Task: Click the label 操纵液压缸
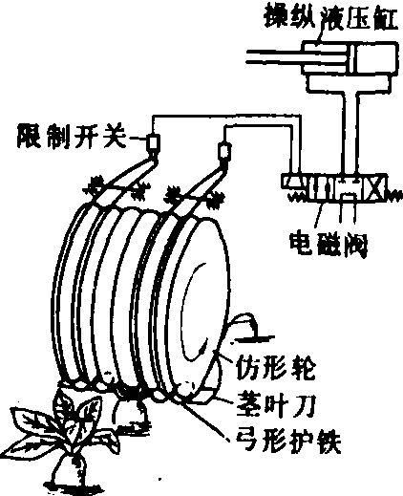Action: pos(331,17)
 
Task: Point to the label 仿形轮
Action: pos(276,369)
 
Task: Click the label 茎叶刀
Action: pos(276,405)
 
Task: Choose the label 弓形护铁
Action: pos(288,442)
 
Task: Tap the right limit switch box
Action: pos(224,150)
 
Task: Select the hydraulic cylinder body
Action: pos(350,58)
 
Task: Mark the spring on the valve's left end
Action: pos(297,198)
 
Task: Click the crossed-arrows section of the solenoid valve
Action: pos(376,187)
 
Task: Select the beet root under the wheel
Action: pos(131,413)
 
